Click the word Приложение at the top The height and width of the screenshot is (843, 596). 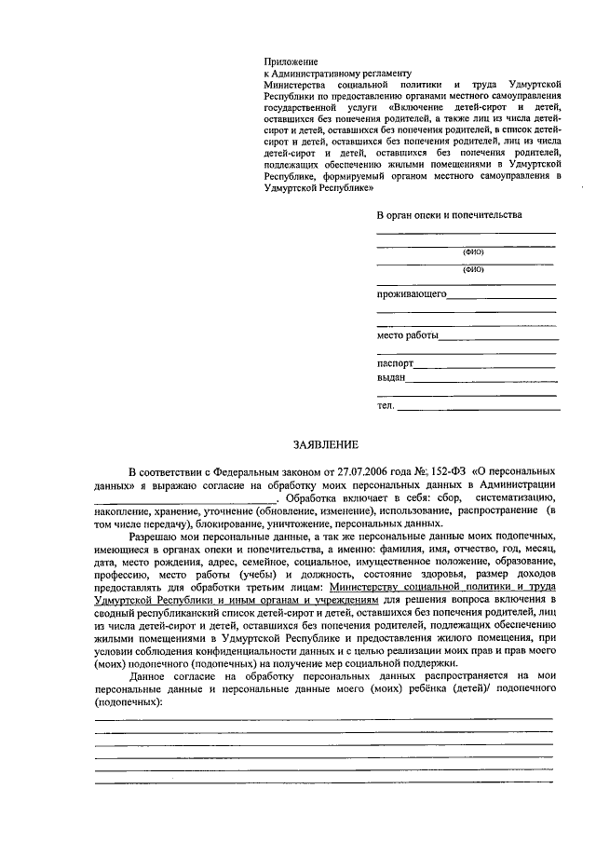[291, 61]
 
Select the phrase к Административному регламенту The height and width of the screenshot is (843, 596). [337, 73]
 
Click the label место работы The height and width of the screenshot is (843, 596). [406, 335]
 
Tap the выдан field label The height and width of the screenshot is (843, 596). [390, 377]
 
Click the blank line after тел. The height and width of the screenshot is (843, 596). [479, 406]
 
